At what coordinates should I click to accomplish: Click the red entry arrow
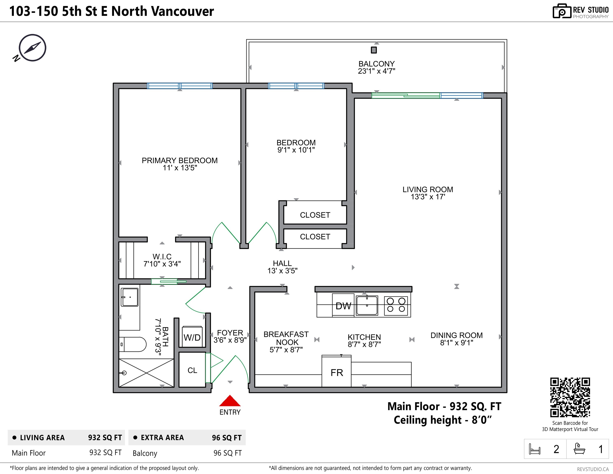pyautogui.click(x=230, y=401)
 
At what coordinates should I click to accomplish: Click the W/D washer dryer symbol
pyautogui.click(x=192, y=337)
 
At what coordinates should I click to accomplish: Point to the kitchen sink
pyautogui.click(x=367, y=306)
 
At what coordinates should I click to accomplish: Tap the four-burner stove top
pyautogui.click(x=396, y=305)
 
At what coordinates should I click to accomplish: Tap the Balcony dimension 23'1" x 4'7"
pyautogui.click(x=376, y=71)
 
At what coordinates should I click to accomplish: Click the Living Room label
pyautogui.click(x=427, y=189)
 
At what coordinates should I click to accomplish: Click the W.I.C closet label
pyautogui.click(x=162, y=257)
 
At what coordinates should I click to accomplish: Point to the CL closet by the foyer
pyautogui.click(x=192, y=370)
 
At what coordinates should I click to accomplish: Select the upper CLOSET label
pyautogui.click(x=315, y=215)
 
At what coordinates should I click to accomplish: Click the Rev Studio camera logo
pyautogui.click(x=562, y=11)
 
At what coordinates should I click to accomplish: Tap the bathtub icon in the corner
pyautogui.click(x=579, y=449)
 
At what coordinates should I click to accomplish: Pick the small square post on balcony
pyautogui.click(x=374, y=50)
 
